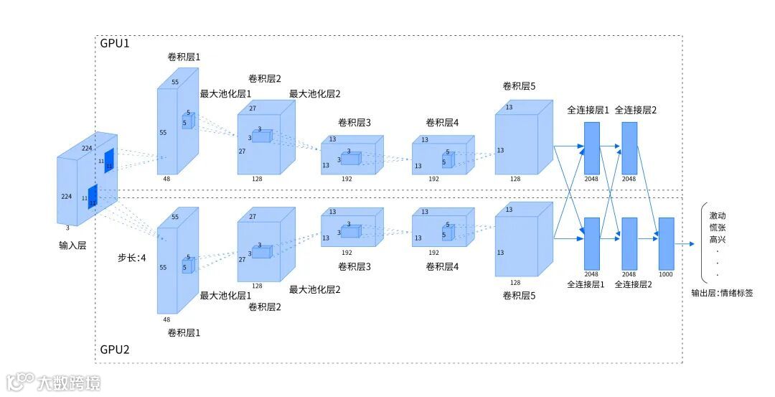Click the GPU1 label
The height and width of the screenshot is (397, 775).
115,43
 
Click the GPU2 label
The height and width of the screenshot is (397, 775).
115,351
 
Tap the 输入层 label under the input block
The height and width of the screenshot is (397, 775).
72,245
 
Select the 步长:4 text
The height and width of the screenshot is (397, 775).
131,257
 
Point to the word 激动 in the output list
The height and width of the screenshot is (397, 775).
718,215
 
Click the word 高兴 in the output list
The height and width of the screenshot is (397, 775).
718,239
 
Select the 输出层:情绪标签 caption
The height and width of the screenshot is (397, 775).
722,293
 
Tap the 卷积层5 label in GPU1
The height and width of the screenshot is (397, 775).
519,87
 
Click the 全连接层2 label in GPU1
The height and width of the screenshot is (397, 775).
636,111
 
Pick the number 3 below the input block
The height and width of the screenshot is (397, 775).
68,228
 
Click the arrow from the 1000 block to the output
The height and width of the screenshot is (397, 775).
685,243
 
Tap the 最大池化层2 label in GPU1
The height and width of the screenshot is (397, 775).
315,93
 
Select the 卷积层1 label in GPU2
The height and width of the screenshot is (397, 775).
184,332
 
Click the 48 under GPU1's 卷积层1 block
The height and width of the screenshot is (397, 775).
167,178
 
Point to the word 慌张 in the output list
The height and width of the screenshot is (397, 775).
718,228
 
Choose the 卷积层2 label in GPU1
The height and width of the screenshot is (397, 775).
265,78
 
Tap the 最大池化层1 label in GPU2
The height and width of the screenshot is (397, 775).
225,295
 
